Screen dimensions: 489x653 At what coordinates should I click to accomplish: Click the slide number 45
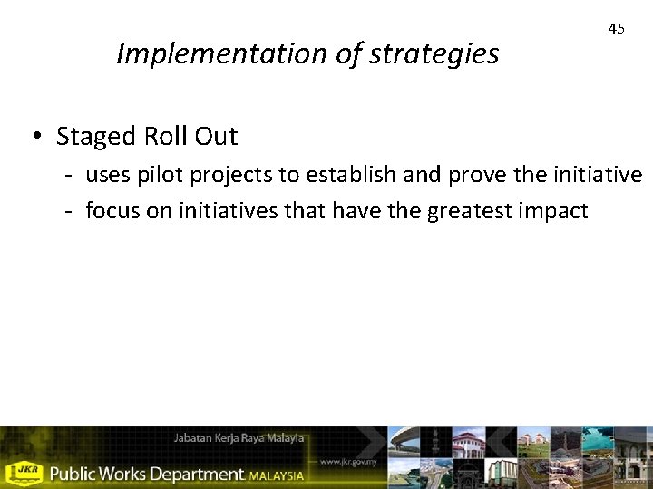tap(616, 29)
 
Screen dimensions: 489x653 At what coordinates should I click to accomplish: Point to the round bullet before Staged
tap(34, 137)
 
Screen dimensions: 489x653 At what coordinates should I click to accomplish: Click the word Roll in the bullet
tap(163, 137)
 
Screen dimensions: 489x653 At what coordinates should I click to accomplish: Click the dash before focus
tap(67, 211)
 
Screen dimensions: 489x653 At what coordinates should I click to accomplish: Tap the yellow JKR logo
tap(24, 473)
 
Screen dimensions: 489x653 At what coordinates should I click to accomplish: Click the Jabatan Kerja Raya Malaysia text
tap(239, 438)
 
